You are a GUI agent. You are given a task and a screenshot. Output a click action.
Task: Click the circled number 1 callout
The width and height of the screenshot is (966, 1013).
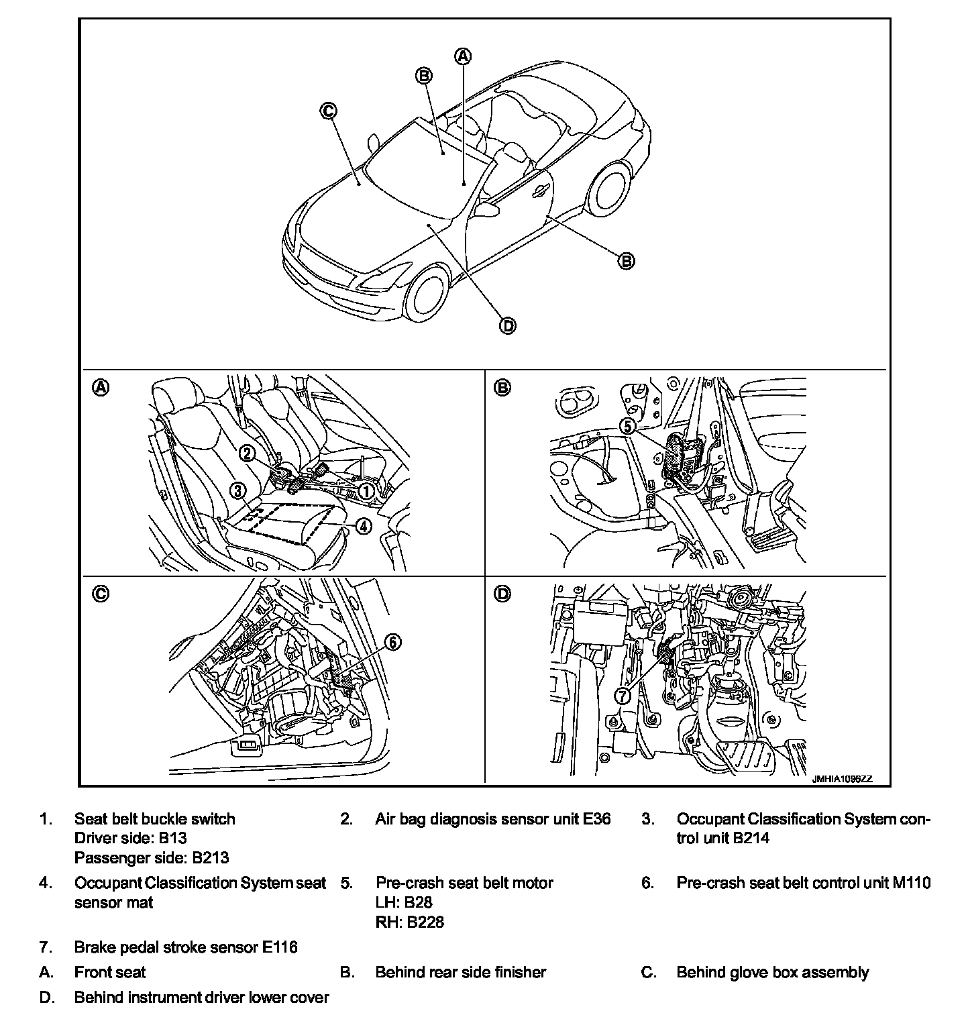366,492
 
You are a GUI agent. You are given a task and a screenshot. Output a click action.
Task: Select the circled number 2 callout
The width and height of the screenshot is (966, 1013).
247,454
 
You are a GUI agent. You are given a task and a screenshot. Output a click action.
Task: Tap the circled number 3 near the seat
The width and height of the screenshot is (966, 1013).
237,491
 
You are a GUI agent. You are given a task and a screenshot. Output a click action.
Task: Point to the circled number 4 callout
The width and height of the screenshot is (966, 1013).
362,526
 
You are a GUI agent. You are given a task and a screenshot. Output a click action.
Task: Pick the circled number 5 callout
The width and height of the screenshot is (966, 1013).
627,425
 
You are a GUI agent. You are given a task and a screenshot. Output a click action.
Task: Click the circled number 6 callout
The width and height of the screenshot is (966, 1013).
392,643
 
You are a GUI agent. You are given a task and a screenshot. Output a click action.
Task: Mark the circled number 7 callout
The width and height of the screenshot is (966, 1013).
623,696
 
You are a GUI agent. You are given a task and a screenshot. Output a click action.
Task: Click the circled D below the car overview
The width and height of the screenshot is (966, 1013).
508,326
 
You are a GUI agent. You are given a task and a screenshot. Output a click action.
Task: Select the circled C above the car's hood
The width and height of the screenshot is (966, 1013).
328,111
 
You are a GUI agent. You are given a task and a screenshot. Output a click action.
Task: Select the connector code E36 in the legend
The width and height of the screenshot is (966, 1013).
596,819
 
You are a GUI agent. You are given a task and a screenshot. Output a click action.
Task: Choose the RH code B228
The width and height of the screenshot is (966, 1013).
424,922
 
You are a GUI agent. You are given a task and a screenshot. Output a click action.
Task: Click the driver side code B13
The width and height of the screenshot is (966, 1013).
172,838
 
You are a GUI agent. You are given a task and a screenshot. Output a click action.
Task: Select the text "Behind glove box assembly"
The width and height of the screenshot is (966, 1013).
772,972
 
